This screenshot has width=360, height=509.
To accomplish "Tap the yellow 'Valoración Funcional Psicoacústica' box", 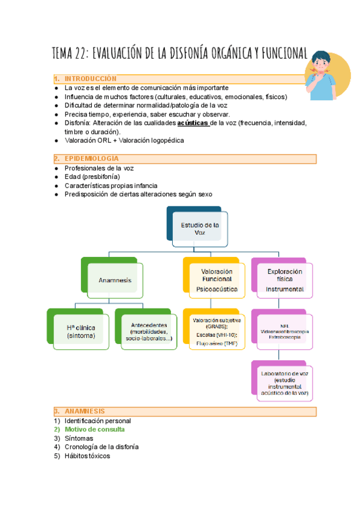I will coord(216,280).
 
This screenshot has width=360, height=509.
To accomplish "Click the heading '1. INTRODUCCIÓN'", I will coord(90,79).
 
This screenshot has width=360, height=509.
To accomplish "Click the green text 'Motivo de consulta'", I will coord(95,429).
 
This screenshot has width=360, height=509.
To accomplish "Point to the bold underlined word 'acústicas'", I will coord(193,123).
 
